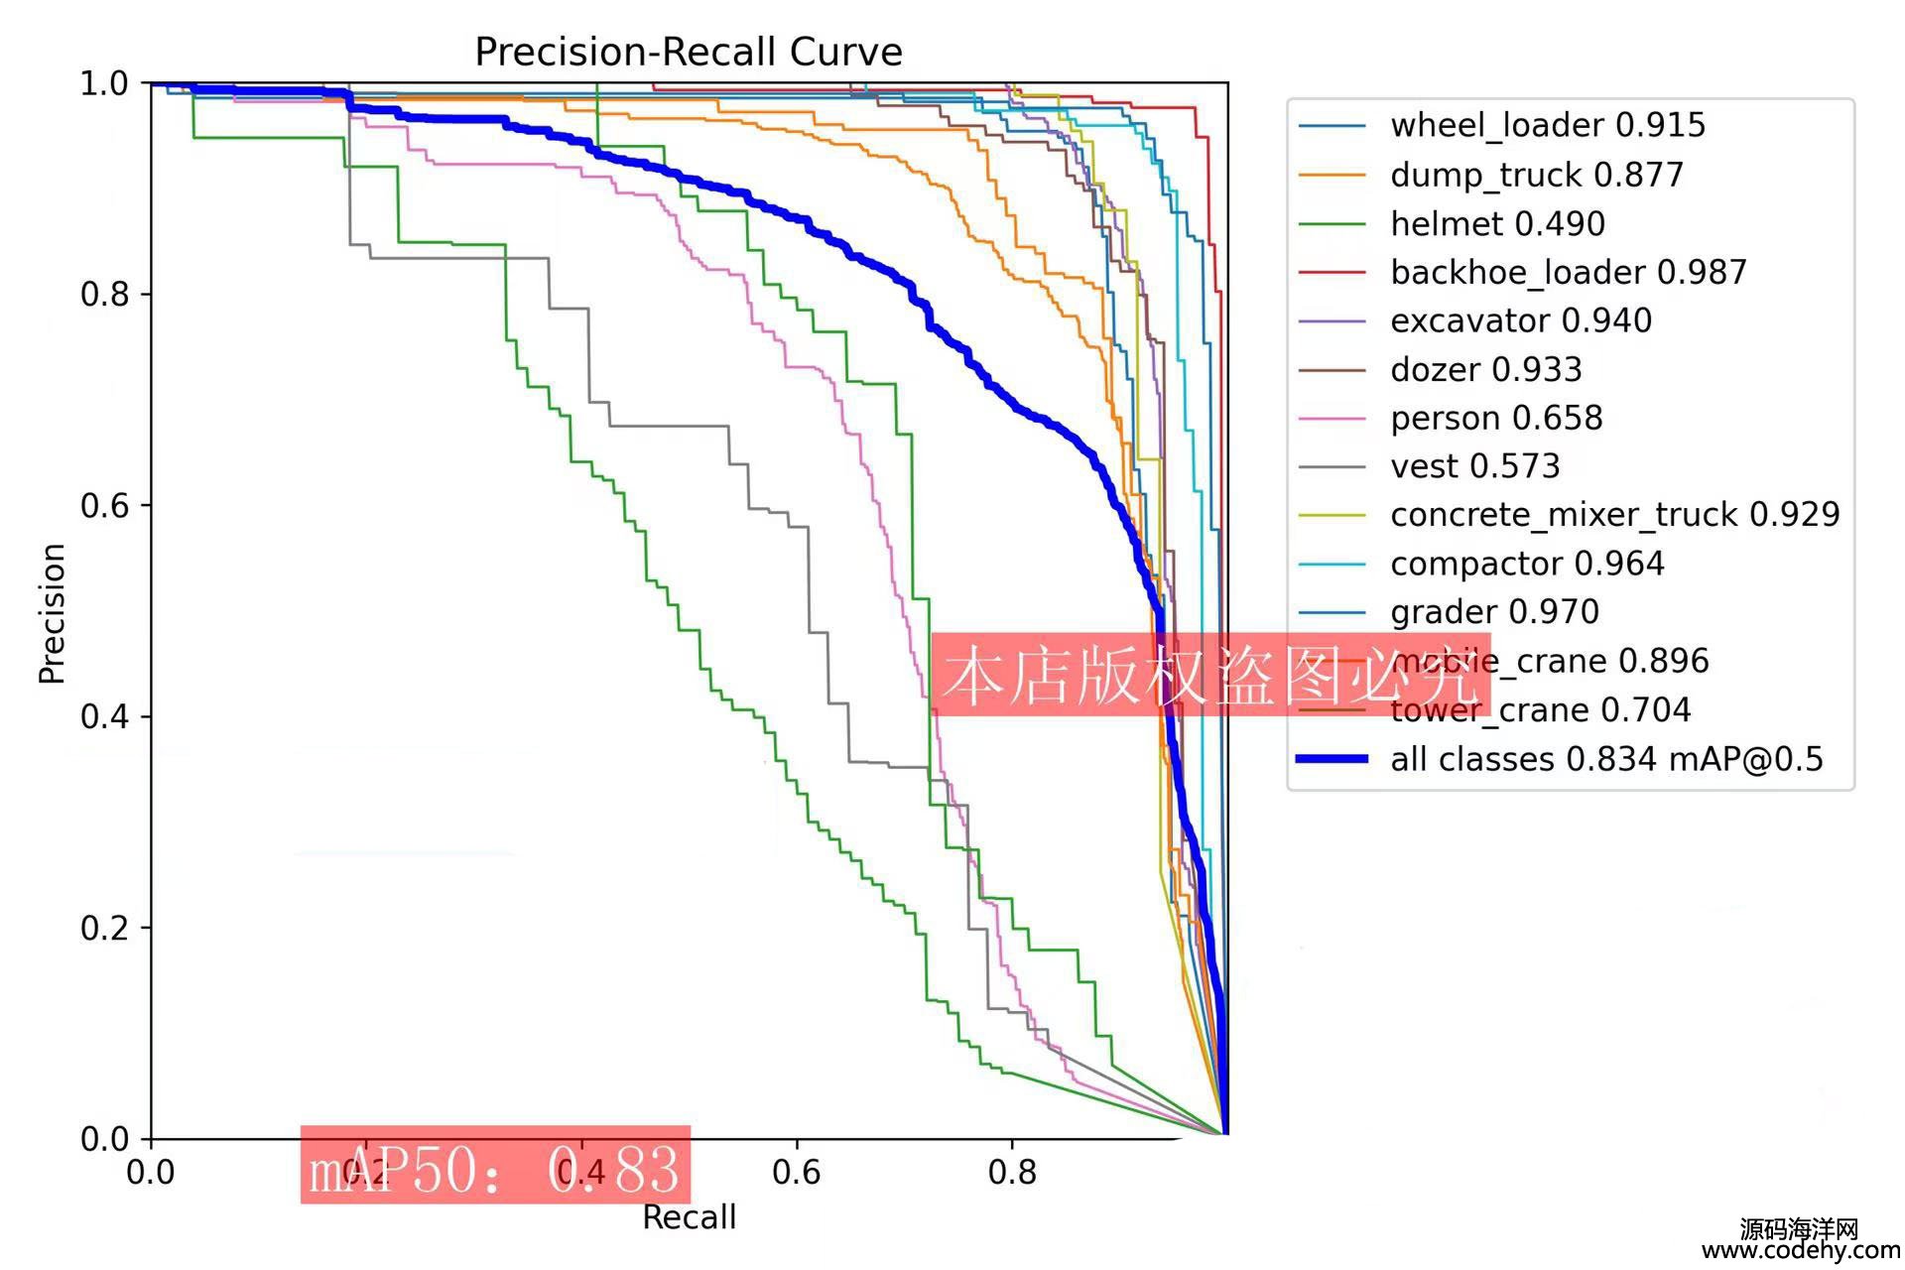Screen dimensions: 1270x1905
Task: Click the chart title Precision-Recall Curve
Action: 689,52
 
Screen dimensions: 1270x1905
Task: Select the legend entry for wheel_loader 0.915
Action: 1547,125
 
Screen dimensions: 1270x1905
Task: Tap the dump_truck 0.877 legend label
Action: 1536,175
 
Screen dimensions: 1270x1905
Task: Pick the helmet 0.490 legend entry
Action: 1497,223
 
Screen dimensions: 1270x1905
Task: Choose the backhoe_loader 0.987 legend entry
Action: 1568,272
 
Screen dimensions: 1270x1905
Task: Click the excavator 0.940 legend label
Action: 1520,320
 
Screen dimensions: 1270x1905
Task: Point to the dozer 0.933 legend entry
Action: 1485,369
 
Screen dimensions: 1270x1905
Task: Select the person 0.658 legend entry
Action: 1496,418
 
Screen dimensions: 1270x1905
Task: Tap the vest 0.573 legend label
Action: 1474,465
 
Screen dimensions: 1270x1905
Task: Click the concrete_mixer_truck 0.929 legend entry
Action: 1614,514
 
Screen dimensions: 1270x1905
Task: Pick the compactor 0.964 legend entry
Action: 1526,564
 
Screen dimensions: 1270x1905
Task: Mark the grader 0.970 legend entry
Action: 1494,611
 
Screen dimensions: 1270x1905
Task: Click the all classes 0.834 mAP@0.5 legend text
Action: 1606,759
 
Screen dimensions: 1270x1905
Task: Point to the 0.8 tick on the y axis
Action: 104,295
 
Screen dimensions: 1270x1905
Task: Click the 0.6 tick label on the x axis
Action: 796,1173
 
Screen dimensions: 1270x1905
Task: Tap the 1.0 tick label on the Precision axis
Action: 104,83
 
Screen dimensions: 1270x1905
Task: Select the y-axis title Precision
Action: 52,613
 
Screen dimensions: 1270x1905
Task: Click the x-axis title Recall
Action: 689,1217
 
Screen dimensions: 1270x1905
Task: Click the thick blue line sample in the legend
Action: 1332,759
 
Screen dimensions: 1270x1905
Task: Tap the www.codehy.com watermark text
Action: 1800,1251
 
